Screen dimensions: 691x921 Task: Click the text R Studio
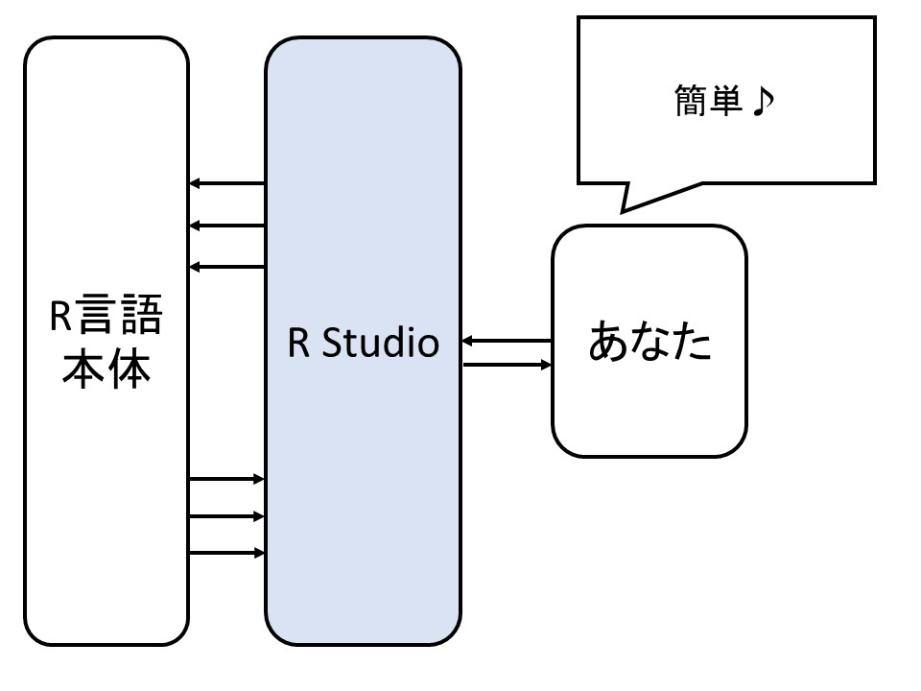(x=363, y=343)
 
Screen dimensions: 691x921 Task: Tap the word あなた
(x=649, y=343)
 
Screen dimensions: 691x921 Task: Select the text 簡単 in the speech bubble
(x=710, y=101)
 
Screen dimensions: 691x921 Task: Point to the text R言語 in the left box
(x=106, y=317)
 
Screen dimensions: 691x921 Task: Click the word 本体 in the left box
(x=106, y=369)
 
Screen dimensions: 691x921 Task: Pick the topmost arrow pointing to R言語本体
(x=226, y=183)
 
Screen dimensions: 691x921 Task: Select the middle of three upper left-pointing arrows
(x=226, y=226)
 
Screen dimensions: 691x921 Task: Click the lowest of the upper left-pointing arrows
(x=226, y=266)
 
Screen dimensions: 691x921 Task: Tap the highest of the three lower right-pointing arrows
(x=226, y=478)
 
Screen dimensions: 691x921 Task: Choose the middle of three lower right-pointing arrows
(x=226, y=516)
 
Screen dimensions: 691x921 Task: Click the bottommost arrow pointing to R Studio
(x=226, y=553)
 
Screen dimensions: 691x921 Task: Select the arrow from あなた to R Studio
(x=506, y=341)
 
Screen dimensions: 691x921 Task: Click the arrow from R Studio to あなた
(x=508, y=365)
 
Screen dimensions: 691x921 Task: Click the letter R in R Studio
(x=298, y=344)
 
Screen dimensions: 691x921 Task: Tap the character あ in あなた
(x=607, y=343)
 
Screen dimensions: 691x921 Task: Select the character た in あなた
(x=693, y=343)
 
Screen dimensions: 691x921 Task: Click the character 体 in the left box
(x=130, y=369)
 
